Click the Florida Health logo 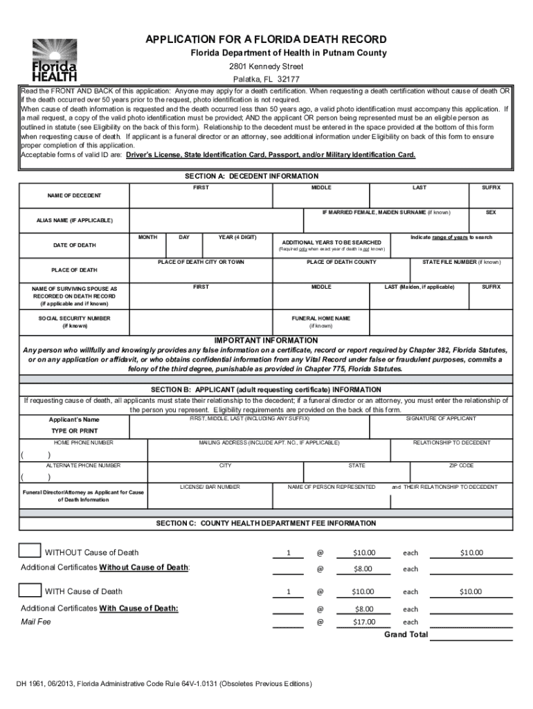pyautogui.click(x=54, y=60)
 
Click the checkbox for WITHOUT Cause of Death pyautogui.click(x=30, y=550)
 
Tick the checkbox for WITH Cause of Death pyautogui.click(x=30, y=590)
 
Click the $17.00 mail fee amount pyautogui.click(x=363, y=622)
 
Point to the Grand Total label pyautogui.click(x=406, y=634)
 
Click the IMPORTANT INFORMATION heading pyautogui.click(x=266, y=341)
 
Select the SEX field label pyautogui.click(x=490, y=212)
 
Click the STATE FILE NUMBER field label pyautogui.click(x=461, y=262)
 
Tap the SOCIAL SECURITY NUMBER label pyautogui.click(x=74, y=318)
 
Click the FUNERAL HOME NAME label pyautogui.click(x=320, y=318)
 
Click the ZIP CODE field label pyautogui.click(x=461, y=466)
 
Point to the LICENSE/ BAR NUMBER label pyautogui.click(x=210, y=487)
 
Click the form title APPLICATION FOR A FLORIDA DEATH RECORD pyautogui.click(x=266, y=39)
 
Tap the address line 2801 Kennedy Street pyautogui.click(x=266, y=66)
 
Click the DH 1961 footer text pyautogui.click(x=164, y=684)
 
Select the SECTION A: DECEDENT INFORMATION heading pyautogui.click(x=247, y=177)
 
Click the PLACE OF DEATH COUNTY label pyautogui.click(x=341, y=262)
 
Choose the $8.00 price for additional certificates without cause pyautogui.click(x=363, y=569)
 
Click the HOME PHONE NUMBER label pyautogui.click(x=84, y=442)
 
